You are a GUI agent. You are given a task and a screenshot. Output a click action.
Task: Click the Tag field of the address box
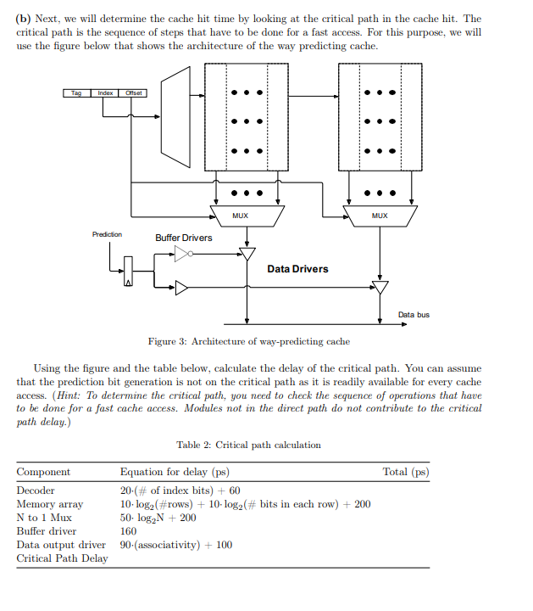(x=76, y=92)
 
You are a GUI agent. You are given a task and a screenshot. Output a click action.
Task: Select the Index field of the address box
(x=105, y=92)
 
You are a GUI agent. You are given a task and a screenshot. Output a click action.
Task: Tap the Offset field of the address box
(x=134, y=92)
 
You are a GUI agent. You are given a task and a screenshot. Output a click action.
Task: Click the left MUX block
(x=241, y=216)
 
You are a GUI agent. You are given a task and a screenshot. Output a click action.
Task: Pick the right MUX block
(x=380, y=216)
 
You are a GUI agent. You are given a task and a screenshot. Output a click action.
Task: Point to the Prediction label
(x=107, y=234)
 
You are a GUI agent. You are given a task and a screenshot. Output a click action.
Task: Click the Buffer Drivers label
(x=184, y=238)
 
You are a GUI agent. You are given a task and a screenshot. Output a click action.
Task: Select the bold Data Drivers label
(x=297, y=269)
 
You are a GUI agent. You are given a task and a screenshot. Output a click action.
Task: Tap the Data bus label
(x=414, y=315)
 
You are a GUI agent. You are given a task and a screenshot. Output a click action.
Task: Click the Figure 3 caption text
(x=248, y=341)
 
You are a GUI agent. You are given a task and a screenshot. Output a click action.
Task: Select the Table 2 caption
(x=248, y=445)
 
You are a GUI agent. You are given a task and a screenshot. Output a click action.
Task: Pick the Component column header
(x=44, y=472)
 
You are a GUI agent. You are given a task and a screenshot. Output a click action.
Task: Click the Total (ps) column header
(x=406, y=472)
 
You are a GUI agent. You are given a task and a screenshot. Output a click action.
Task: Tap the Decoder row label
(x=36, y=490)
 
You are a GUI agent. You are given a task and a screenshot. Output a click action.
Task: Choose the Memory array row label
(x=50, y=504)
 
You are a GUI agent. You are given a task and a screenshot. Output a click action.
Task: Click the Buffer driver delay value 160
(x=129, y=531)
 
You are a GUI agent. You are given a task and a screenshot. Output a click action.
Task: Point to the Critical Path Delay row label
(x=62, y=558)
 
